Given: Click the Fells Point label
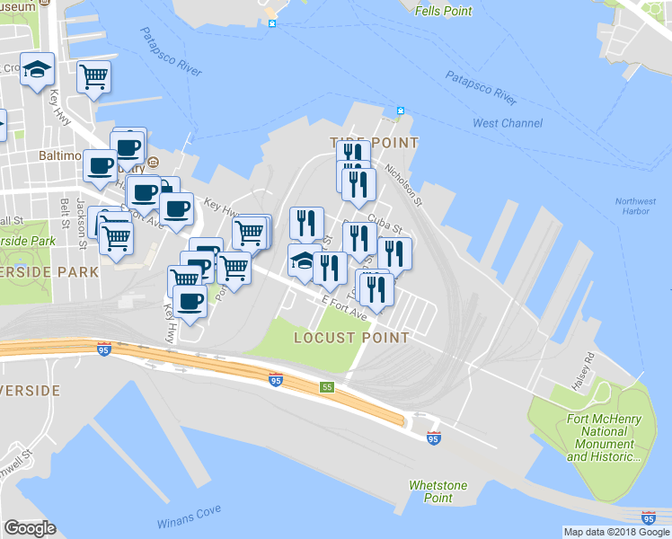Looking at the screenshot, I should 444,11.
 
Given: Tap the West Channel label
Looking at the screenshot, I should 508,123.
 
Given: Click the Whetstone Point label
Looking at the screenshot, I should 438,491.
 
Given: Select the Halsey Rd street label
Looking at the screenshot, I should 589,369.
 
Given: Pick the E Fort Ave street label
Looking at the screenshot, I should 344,311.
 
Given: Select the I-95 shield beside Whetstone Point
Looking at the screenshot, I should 434,437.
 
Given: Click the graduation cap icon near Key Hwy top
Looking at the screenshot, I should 38,69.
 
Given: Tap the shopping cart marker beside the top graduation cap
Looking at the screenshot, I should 93,77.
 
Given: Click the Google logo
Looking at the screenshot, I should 30,528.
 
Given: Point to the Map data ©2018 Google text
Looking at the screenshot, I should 616,532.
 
